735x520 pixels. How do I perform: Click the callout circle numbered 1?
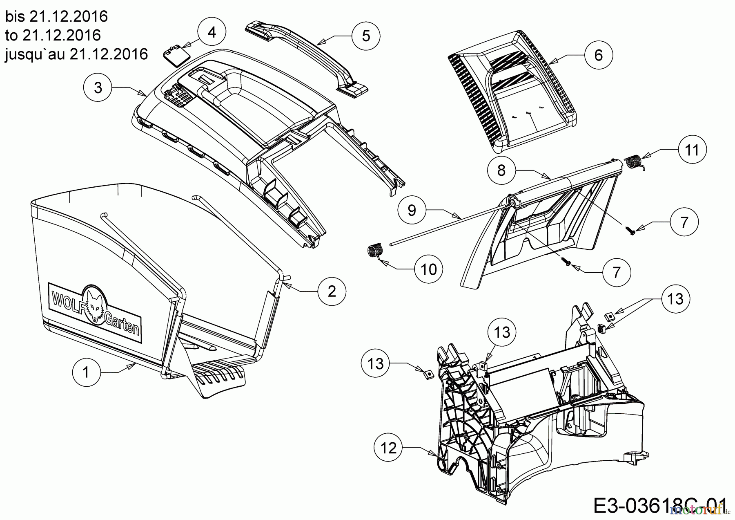click(x=86, y=372)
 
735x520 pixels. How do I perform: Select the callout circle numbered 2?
click(x=332, y=291)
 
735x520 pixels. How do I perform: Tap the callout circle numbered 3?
click(x=98, y=87)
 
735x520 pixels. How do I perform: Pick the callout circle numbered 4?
click(x=212, y=32)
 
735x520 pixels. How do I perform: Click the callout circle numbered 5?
click(x=366, y=36)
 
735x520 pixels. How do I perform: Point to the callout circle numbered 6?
click(x=598, y=54)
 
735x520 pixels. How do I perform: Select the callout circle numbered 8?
click(x=501, y=170)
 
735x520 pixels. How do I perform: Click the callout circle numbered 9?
click(x=412, y=210)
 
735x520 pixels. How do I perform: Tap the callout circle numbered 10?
click(x=429, y=269)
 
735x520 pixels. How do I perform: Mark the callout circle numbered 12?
click(x=388, y=448)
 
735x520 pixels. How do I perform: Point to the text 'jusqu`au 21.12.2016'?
click(x=76, y=54)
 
